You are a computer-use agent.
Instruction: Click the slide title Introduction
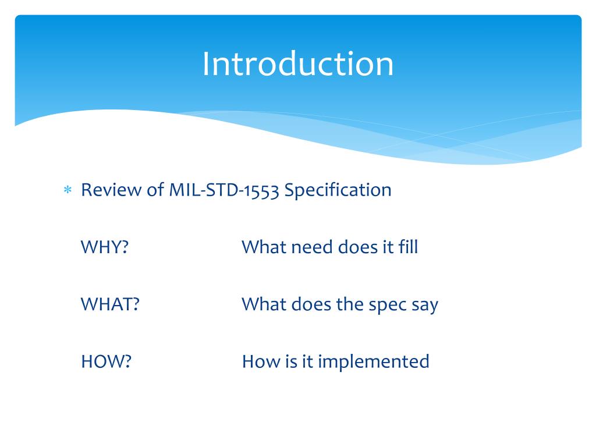click(x=297, y=64)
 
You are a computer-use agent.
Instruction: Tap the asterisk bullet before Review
click(x=68, y=189)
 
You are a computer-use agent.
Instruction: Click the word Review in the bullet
click(x=111, y=190)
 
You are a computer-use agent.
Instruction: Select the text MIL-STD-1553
click(x=224, y=190)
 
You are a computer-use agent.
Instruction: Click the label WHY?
click(x=105, y=247)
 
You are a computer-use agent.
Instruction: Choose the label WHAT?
click(x=110, y=304)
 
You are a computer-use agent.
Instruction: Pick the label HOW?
click(x=106, y=361)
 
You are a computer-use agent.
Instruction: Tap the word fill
click(x=408, y=247)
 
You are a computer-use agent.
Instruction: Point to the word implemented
click(x=374, y=362)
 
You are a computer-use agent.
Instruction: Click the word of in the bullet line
click(x=155, y=189)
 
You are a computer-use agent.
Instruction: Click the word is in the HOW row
click(x=291, y=361)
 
